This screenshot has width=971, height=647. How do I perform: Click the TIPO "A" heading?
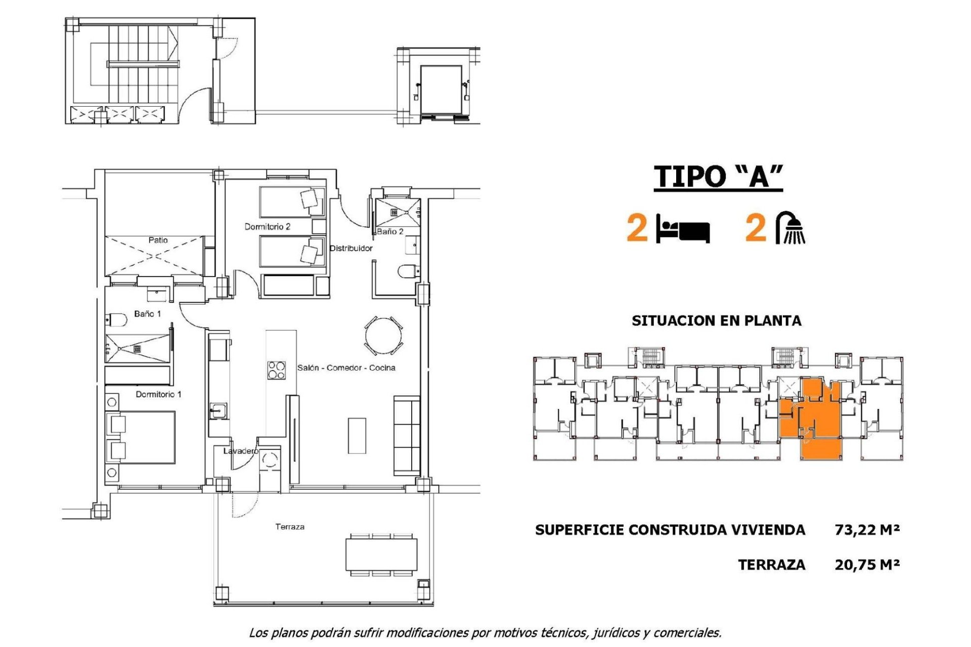(x=718, y=177)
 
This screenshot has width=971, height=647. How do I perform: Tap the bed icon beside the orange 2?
(x=683, y=229)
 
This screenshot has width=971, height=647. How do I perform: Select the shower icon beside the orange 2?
(x=791, y=227)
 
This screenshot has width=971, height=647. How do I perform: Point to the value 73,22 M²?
(x=867, y=530)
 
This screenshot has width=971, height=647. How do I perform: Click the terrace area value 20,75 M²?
(x=867, y=565)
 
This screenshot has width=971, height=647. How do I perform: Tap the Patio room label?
(x=158, y=240)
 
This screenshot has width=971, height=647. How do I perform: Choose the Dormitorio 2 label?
(x=267, y=226)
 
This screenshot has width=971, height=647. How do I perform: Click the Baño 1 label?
(x=147, y=314)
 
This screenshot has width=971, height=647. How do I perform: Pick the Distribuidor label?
(x=351, y=248)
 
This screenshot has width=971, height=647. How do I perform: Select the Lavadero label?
(x=241, y=451)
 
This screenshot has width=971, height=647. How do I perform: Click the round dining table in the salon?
(x=384, y=335)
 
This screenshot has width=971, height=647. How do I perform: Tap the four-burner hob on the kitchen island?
(x=276, y=370)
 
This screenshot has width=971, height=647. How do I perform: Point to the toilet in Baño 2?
(x=407, y=271)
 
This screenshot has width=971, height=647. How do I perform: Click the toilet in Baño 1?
(x=116, y=320)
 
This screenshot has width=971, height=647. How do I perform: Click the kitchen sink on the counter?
(x=218, y=410)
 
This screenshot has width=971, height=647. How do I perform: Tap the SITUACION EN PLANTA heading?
(x=716, y=320)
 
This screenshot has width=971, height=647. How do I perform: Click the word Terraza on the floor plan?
(x=290, y=527)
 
